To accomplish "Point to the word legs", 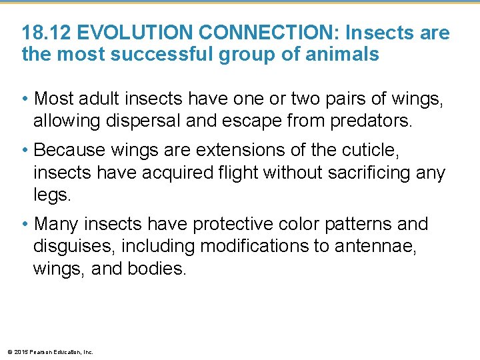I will click(x=50, y=194).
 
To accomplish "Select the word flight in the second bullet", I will click(x=236, y=173).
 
